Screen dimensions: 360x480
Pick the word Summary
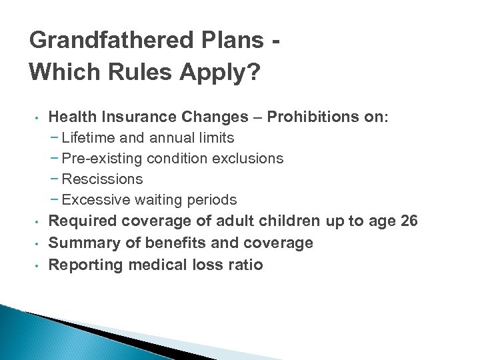(x=81, y=243)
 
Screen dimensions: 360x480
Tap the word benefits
(x=171, y=243)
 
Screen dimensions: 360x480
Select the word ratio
(x=244, y=265)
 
